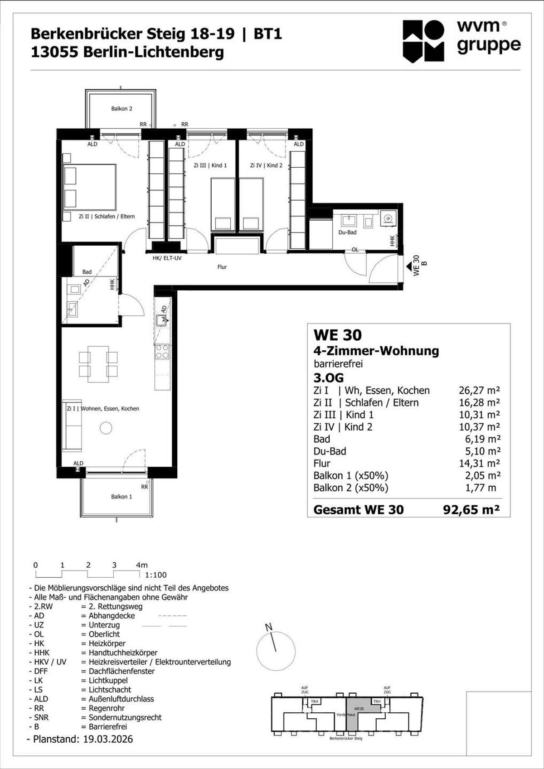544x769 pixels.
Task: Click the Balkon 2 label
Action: click(121, 109)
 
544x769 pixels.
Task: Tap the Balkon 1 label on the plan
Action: click(121, 497)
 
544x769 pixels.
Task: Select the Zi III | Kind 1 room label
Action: click(210, 165)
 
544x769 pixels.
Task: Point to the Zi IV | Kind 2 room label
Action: click(266, 165)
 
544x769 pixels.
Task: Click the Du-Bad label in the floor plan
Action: click(347, 232)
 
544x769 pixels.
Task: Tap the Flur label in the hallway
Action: click(222, 267)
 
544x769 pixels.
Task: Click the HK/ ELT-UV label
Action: click(167, 258)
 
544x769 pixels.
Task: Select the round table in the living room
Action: click(106, 428)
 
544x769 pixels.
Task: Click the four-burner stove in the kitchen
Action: click(162, 352)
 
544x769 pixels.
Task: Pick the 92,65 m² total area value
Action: click(471, 510)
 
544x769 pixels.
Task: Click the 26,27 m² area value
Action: click(479, 391)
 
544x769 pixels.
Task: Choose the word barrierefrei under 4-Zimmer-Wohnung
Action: click(338, 364)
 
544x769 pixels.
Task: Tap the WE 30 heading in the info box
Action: click(338, 335)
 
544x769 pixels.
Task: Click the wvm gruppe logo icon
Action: click(423, 41)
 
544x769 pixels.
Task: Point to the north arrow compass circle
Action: click(276, 650)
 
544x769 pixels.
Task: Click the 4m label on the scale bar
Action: click(141, 565)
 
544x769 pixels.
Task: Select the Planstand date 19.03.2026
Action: click(108, 739)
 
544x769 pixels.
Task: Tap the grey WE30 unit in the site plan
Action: click(358, 711)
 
